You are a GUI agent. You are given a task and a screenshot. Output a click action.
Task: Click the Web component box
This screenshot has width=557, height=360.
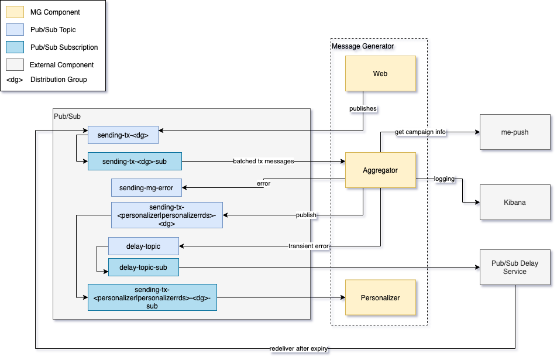coord(380,74)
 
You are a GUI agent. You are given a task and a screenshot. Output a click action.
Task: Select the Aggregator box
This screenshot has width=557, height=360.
coord(380,170)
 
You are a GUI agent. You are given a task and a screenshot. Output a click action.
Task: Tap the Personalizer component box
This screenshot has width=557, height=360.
coord(380,297)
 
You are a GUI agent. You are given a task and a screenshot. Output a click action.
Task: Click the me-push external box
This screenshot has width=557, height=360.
coord(515,132)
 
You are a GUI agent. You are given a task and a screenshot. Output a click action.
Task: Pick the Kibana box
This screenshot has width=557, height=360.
coord(515,203)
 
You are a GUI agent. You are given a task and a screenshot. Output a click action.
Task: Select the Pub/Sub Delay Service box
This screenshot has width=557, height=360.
coord(515,268)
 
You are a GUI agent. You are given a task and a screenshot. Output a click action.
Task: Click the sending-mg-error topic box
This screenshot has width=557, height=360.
coord(146,187)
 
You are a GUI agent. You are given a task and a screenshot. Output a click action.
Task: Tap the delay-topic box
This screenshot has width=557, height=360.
coord(143,246)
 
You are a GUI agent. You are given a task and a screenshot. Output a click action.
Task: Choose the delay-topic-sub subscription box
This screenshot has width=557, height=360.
coord(143,268)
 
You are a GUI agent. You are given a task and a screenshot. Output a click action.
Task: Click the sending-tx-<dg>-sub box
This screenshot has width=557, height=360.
coord(135,161)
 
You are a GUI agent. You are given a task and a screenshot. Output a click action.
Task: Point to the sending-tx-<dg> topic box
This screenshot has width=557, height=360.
coord(123,135)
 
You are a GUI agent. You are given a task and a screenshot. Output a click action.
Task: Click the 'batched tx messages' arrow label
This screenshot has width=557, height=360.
coord(263,161)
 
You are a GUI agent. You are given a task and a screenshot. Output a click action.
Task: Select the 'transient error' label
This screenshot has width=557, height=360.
coord(308,246)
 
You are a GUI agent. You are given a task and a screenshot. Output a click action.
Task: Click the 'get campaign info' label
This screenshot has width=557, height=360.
coord(420,132)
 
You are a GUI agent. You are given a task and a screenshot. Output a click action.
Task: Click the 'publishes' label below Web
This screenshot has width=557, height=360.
coord(363,109)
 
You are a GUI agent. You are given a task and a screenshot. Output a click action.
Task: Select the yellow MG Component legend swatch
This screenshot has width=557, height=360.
coord(15,12)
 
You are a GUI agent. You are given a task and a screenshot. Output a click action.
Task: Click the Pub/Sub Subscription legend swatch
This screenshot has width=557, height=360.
coord(15,47)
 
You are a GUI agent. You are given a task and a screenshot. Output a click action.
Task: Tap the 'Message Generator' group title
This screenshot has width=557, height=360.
coord(363,46)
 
